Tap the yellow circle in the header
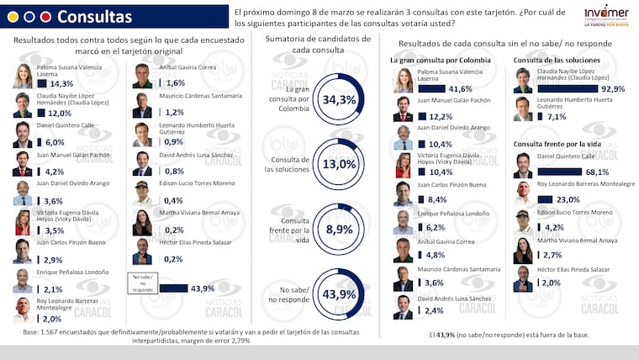click(45, 17)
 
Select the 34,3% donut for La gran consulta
click(340, 99)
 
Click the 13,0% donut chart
click(340, 164)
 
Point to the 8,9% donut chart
click(340, 229)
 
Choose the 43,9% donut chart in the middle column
click(340, 294)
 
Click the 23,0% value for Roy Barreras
click(568, 199)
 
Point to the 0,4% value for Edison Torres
click(175, 200)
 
